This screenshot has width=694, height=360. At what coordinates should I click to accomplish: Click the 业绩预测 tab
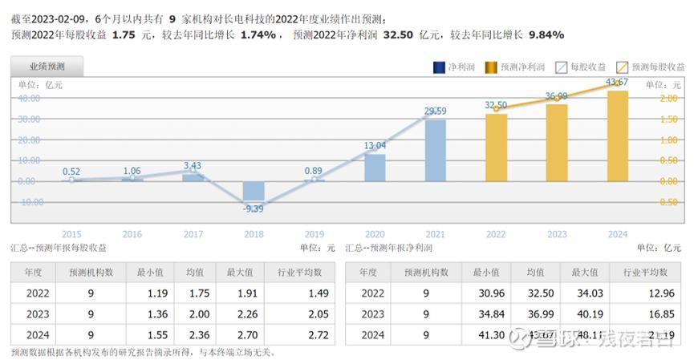pos(47,67)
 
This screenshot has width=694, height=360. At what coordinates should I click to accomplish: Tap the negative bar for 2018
pos(254,191)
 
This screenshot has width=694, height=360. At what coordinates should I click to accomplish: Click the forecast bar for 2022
pos(496,147)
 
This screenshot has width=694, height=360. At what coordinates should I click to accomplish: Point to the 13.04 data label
pos(375,145)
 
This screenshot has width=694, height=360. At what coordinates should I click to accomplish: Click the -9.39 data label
pos(254,209)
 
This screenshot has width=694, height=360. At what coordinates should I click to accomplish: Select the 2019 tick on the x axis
pos(315,234)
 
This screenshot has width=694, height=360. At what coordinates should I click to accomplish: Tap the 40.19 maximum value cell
pos(588,314)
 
